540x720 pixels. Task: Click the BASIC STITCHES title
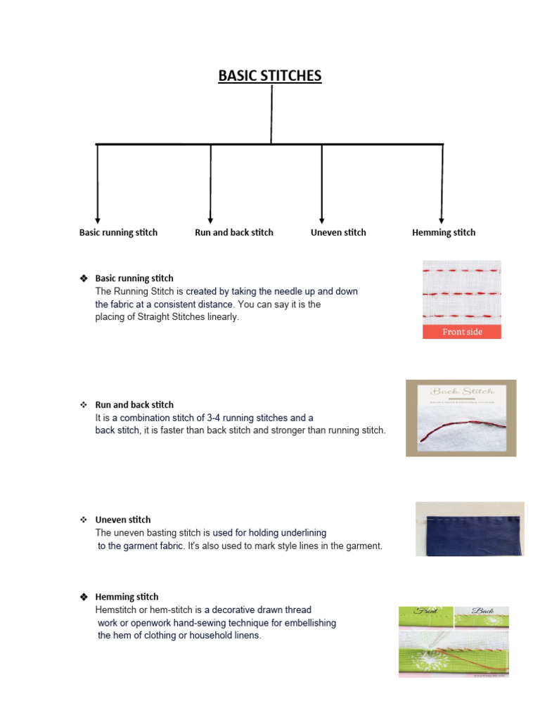tap(270, 76)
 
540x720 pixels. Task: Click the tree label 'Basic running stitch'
tap(118, 233)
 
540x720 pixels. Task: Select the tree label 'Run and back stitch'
tap(234, 233)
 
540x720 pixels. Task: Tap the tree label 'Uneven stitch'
tap(338, 233)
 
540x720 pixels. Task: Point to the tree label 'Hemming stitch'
tap(444, 233)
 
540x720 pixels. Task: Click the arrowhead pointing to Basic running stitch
tap(97, 220)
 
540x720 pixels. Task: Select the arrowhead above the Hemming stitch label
tap(442, 220)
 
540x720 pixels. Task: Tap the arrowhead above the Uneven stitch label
tap(322, 220)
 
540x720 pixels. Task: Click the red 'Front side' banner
tap(462, 332)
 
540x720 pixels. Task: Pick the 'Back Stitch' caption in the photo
tap(462, 392)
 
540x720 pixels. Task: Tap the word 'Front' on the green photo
tap(425, 612)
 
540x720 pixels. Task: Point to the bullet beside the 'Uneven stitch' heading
tap(83, 520)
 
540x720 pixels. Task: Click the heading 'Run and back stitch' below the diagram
tap(134, 405)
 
